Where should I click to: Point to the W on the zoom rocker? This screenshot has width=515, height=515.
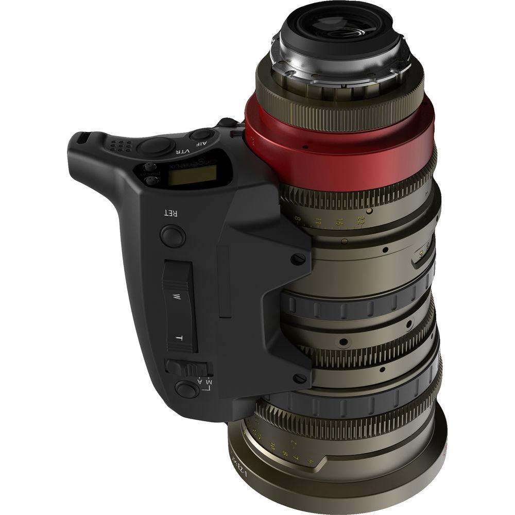177,297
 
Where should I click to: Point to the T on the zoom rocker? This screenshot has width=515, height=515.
178,337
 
